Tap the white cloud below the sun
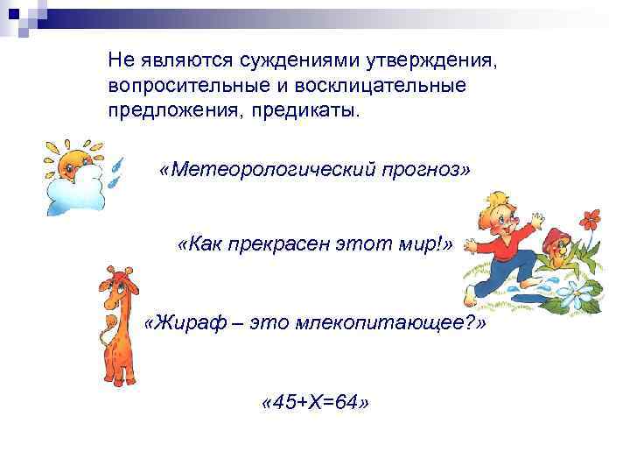[x=75, y=193]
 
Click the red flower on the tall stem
[x=592, y=217]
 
